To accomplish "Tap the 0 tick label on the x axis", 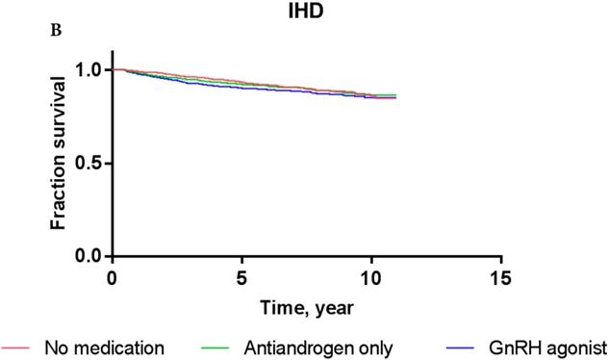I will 113,278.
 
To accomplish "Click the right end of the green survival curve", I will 395,95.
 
